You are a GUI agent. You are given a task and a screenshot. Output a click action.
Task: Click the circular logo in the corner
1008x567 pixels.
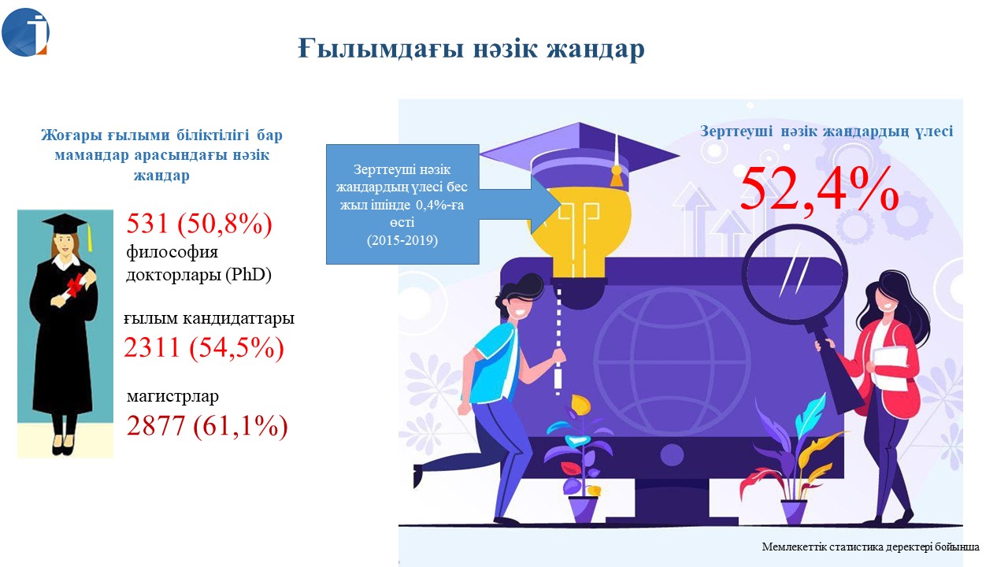25,32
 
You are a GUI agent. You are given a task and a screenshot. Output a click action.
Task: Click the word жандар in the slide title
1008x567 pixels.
596,49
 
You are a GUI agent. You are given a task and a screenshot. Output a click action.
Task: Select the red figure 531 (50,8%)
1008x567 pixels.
199,223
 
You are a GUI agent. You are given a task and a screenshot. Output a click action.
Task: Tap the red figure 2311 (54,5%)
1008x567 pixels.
204,347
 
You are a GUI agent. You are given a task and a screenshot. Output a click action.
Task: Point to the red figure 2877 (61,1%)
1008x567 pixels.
207,426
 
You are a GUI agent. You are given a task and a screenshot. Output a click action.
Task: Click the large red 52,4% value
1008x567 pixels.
819,188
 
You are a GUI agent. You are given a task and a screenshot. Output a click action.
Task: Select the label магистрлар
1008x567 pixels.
172,396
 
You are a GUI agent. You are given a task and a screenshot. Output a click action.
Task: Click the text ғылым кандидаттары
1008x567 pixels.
209,319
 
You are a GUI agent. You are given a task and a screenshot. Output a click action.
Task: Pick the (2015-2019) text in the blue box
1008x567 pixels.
402,240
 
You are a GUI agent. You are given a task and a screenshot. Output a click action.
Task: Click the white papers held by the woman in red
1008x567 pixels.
890,368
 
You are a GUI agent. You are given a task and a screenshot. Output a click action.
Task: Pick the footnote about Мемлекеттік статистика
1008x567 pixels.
870,547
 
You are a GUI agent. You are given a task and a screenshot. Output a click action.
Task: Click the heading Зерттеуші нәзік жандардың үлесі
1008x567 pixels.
826,132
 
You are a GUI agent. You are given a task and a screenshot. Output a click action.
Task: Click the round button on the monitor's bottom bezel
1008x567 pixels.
672,454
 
